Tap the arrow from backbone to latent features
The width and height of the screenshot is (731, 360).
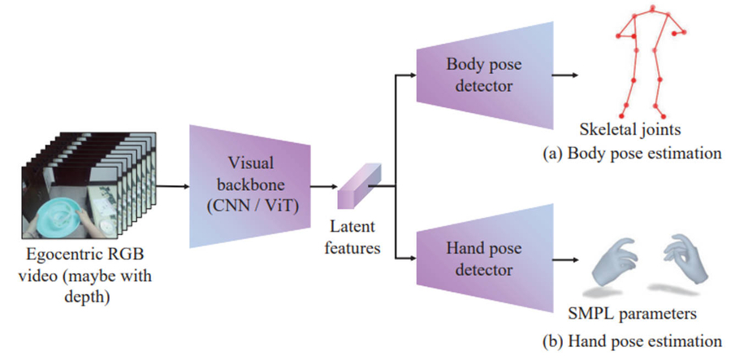(325, 186)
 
